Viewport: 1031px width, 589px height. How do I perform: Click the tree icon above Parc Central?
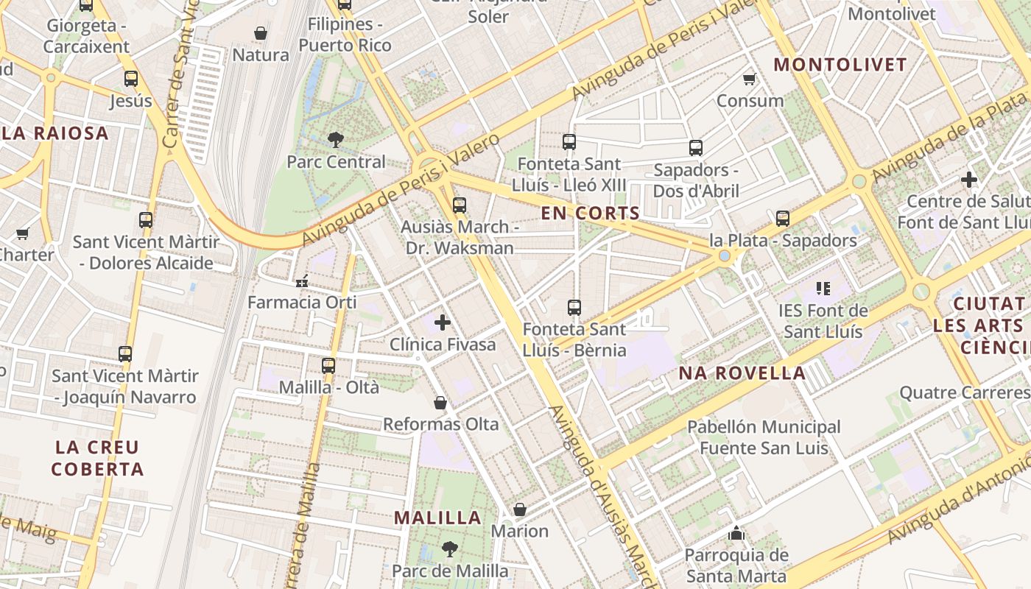(336, 139)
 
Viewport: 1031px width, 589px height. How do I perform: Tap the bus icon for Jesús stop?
(131, 78)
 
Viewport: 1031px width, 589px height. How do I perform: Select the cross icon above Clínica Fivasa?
(443, 322)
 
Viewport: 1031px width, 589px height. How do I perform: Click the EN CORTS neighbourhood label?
(591, 214)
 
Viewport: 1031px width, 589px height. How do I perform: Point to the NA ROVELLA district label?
(742, 373)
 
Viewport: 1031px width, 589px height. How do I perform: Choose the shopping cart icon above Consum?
(750, 79)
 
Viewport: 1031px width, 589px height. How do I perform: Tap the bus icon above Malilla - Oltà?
(328, 365)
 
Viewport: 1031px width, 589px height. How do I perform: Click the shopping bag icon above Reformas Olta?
(440, 402)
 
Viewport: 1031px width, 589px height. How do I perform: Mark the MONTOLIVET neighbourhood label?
(840, 65)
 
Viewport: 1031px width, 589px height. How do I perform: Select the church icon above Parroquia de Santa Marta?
(736, 533)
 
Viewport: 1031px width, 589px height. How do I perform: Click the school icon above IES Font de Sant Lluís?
(823, 289)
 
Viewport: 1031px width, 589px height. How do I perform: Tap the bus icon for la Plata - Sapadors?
(782, 219)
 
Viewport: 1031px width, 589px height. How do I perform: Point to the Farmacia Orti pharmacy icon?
(302, 281)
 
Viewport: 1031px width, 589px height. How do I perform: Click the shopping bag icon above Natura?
(261, 33)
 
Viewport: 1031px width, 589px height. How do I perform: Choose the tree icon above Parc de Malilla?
(449, 549)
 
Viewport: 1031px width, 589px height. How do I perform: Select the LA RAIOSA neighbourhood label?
(54, 133)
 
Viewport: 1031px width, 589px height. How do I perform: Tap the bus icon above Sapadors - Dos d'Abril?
(696, 148)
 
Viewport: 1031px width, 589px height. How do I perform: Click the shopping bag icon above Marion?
(520, 509)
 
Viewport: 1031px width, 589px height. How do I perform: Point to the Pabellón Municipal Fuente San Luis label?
(764, 437)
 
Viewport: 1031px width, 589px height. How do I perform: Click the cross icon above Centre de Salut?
(969, 179)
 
